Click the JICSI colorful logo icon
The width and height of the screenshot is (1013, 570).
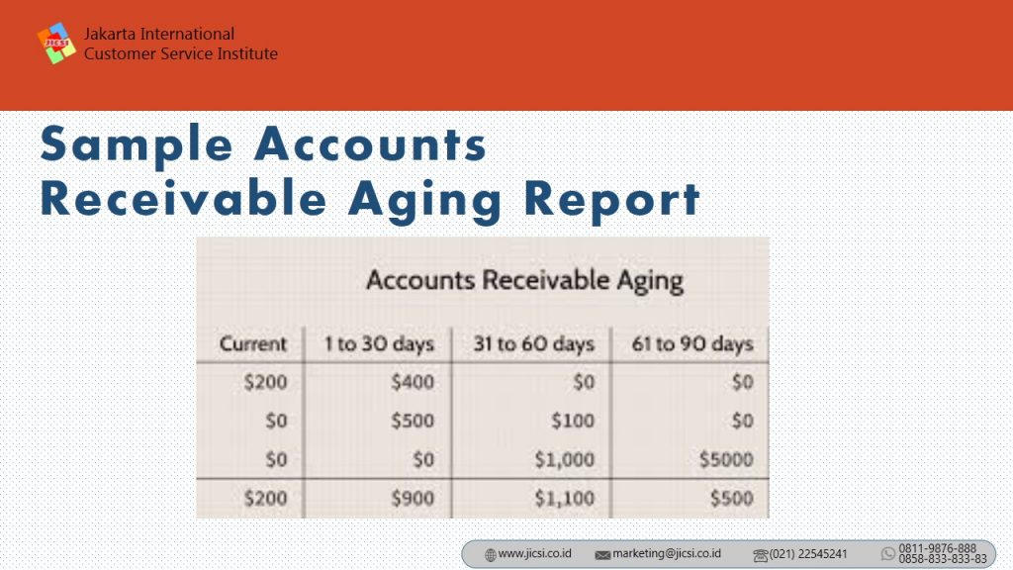(x=56, y=44)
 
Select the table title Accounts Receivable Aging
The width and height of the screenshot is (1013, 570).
(x=524, y=281)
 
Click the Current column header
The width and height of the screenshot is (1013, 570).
(x=252, y=343)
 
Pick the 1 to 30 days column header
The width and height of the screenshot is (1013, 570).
(x=379, y=344)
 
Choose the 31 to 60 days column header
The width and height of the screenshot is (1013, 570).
(x=533, y=344)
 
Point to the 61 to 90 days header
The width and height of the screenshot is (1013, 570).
(x=692, y=344)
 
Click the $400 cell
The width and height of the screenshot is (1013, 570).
(x=413, y=382)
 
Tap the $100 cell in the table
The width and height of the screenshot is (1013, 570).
(x=573, y=421)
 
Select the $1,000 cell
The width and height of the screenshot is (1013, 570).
(x=564, y=459)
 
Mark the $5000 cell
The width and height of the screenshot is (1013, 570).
(x=726, y=459)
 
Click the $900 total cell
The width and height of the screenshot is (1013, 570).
(x=413, y=499)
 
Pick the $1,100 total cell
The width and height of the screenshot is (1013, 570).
(x=564, y=499)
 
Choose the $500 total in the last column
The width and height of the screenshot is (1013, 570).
(x=731, y=499)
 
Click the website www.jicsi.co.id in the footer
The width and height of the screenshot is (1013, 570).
(x=534, y=554)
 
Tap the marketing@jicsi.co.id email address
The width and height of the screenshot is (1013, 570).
(x=666, y=554)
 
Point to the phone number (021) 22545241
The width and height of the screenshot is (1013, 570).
(x=807, y=554)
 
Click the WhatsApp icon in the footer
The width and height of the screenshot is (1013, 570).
(x=888, y=554)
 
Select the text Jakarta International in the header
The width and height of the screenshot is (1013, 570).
(x=159, y=34)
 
